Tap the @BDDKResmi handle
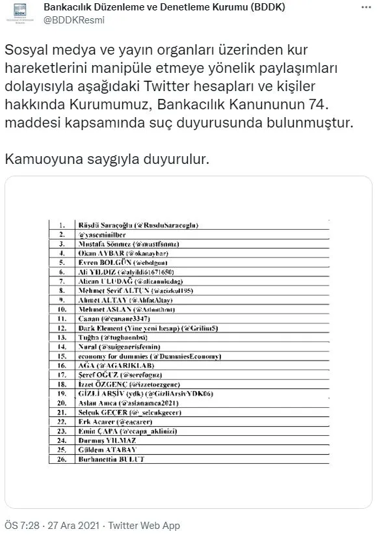74,20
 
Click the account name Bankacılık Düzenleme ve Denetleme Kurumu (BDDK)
168,7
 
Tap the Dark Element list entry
152,329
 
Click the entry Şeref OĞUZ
121,375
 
